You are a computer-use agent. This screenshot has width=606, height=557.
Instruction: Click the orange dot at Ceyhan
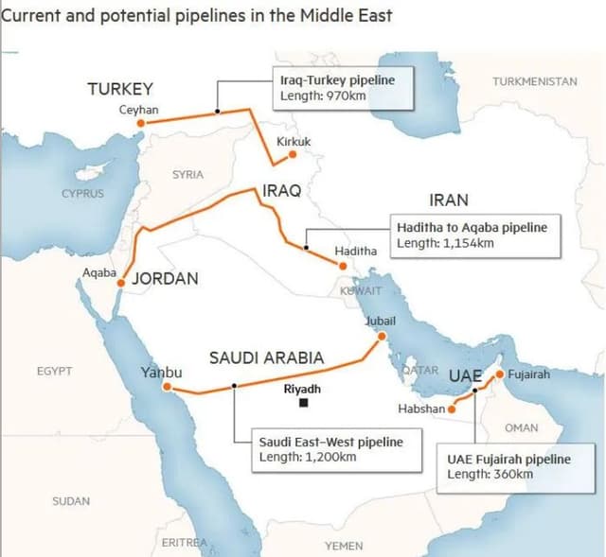[140, 123]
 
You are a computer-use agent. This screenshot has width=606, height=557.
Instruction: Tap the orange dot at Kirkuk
[293, 153]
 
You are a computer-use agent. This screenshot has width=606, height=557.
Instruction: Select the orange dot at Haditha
[343, 266]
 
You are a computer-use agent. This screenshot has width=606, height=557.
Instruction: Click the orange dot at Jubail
[381, 336]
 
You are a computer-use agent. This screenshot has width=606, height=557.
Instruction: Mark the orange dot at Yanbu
[167, 386]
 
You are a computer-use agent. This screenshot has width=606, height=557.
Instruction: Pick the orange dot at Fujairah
[500, 373]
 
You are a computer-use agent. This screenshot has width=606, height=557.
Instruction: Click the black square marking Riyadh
[303, 403]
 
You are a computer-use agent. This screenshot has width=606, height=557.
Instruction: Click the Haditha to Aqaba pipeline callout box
[474, 235]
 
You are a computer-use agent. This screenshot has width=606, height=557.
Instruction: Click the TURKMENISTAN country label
[534, 81]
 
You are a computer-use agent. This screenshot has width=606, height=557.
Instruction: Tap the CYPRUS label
[82, 193]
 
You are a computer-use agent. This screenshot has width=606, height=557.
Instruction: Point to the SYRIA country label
[187, 174]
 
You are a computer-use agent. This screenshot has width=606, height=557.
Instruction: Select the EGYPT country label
[54, 371]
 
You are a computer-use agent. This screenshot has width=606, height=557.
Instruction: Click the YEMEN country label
[343, 546]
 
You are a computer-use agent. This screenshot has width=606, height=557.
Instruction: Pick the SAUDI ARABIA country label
[266, 358]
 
